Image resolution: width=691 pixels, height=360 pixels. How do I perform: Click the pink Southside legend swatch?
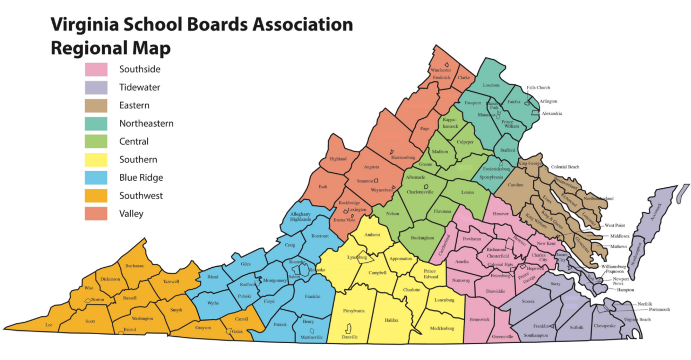pos(96,69)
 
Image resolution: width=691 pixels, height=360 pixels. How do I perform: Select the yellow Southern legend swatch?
pos(96,159)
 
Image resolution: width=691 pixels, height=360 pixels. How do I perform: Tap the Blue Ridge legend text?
pos(141,178)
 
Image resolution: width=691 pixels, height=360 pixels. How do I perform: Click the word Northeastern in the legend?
pos(146,124)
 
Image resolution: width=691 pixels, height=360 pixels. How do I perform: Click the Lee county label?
pos(49,325)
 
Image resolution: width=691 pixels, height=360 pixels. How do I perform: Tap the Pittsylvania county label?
pos(354,311)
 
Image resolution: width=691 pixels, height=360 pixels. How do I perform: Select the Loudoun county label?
pos(491,85)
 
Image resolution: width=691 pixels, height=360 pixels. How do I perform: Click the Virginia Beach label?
pos(638,320)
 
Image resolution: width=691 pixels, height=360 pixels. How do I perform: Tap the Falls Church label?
pos(538,87)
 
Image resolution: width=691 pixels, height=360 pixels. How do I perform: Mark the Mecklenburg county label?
pos(442,328)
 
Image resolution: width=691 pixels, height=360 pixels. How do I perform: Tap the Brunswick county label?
pos(479,320)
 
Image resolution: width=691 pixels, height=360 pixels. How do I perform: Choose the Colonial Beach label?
pos(565,167)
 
